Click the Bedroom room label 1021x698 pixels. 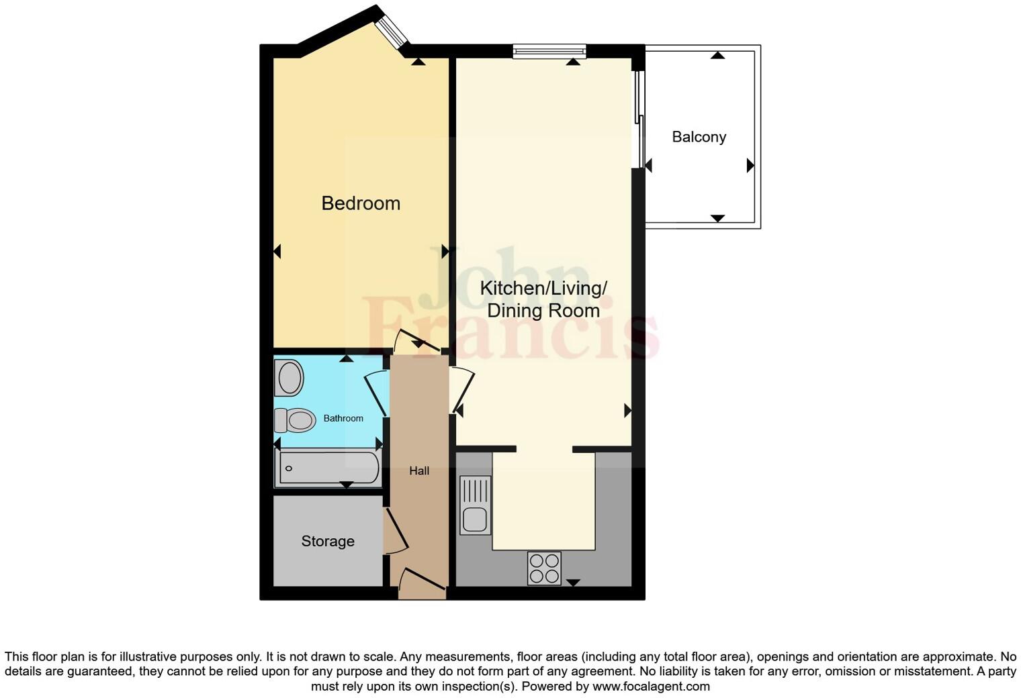pyautogui.click(x=361, y=203)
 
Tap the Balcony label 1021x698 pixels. pyautogui.click(x=699, y=137)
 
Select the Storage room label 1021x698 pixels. pyautogui.click(x=328, y=541)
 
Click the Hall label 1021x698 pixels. pyautogui.click(x=419, y=471)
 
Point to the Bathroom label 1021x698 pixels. pyautogui.click(x=343, y=418)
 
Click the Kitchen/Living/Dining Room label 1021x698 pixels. pyautogui.click(x=543, y=299)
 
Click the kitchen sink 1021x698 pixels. pyautogui.click(x=475, y=505)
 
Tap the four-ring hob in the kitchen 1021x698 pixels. pyautogui.click(x=544, y=568)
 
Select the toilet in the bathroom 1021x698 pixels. pyautogui.click(x=296, y=421)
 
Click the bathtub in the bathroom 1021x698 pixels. pyautogui.click(x=328, y=468)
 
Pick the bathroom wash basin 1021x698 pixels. pyautogui.click(x=290, y=378)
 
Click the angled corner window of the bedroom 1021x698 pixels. pyautogui.click(x=392, y=31)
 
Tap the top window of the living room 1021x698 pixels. pyautogui.click(x=549, y=51)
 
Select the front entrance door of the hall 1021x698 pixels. pyautogui.click(x=422, y=583)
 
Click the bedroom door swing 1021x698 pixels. pyautogui.click(x=416, y=341)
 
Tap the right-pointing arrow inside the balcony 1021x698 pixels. pyautogui.click(x=750, y=166)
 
